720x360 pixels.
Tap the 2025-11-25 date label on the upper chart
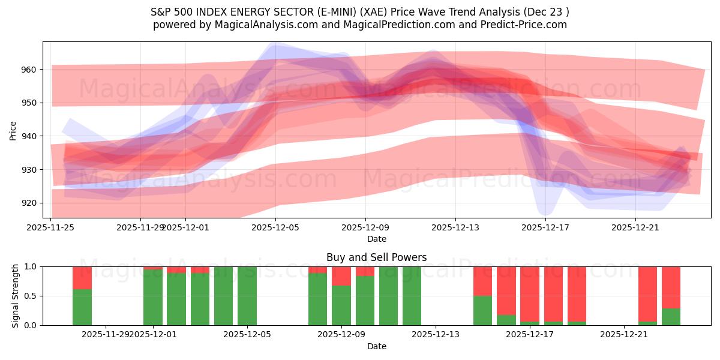(x=52, y=227)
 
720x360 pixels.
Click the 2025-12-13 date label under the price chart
(x=455, y=227)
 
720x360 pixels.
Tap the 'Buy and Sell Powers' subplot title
(x=376, y=257)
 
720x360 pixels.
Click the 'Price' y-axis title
(x=13, y=130)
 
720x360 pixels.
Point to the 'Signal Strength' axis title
(x=16, y=296)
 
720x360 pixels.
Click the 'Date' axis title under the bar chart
(x=376, y=346)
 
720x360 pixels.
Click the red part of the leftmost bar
(x=82, y=278)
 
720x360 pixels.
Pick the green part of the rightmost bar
(x=671, y=317)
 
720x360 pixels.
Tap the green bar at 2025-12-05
(x=247, y=296)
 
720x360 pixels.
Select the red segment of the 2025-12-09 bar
(x=341, y=276)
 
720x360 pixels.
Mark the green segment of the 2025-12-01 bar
(x=153, y=297)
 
